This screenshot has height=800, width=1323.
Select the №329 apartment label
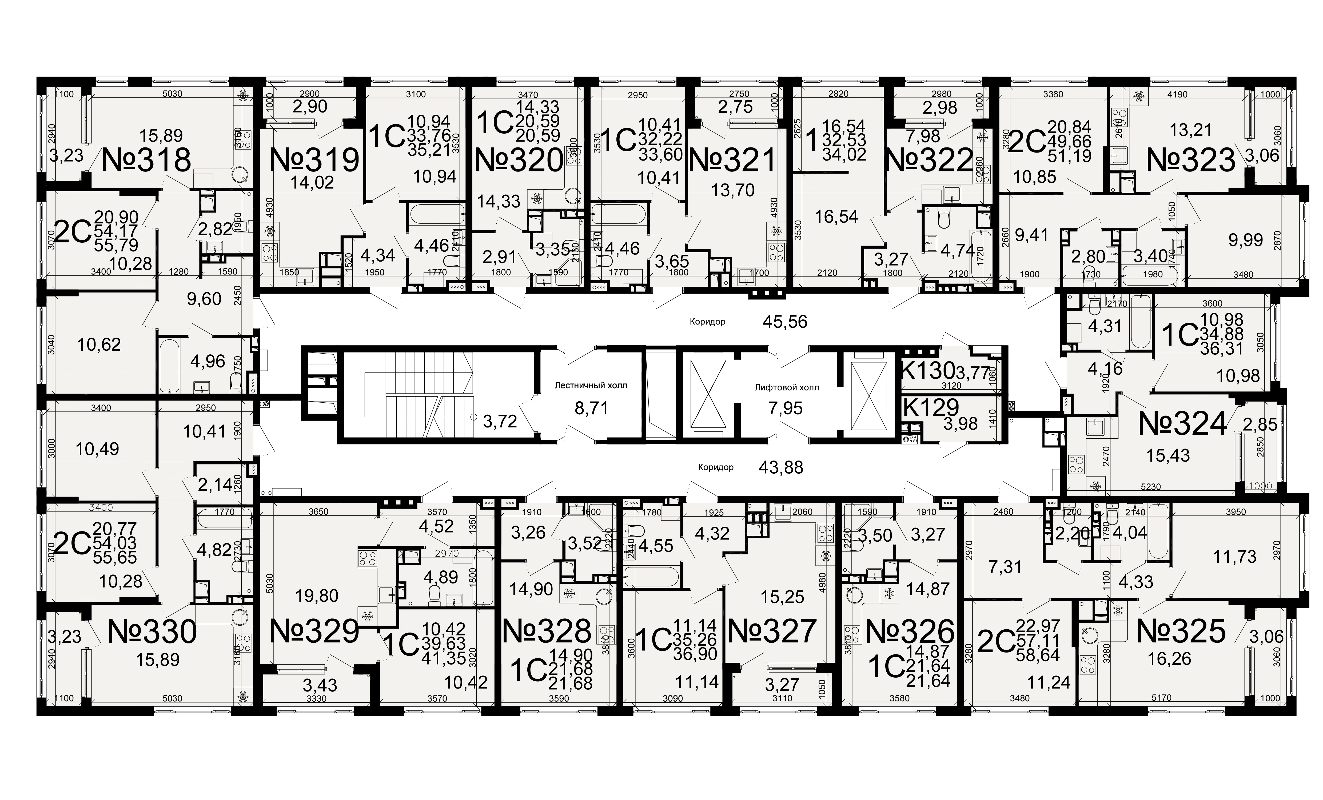pos(314,631)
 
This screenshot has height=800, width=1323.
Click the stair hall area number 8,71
pos(591,409)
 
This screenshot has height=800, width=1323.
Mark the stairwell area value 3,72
pos(500,422)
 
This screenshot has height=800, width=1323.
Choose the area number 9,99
pos(1246,239)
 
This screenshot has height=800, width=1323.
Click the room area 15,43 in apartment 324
pos(1168,456)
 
